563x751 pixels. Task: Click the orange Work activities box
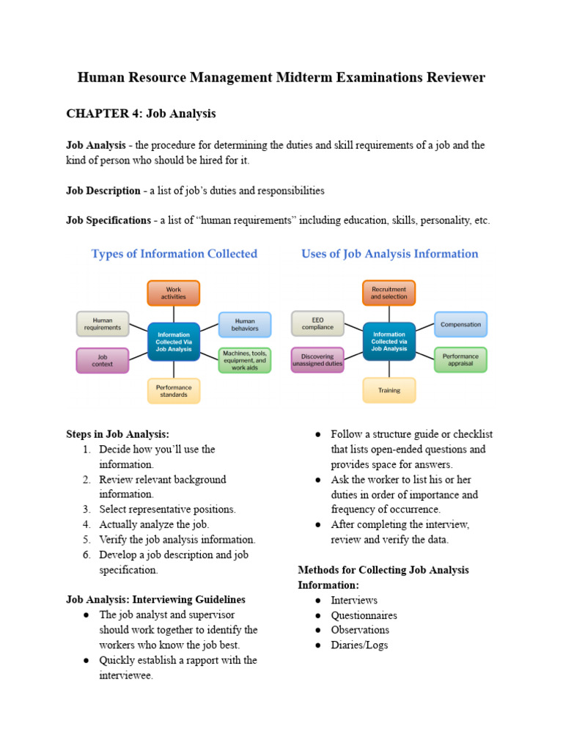coord(174,293)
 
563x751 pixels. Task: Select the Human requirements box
coord(103,323)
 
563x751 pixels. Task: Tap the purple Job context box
coord(103,360)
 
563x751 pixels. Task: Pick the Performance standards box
coord(174,391)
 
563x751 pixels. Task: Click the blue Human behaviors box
coord(245,324)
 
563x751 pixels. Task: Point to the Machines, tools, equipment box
coord(245,360)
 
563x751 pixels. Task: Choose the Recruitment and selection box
coord(389,293)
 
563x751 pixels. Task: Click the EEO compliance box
coord(317,323)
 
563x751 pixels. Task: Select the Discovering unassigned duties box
coord(317,360)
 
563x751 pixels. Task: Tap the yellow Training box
coord(389,390)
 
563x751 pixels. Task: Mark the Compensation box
coord(460,324)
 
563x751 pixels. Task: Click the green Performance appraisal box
coord(460,360)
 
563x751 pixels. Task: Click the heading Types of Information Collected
coord(174,254)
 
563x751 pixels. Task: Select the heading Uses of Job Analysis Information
coord(389,254)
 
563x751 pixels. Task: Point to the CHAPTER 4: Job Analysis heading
coord(141,114)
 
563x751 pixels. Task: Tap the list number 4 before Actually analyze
coord(86,524)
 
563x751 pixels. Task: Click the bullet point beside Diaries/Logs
coord(319,645)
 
